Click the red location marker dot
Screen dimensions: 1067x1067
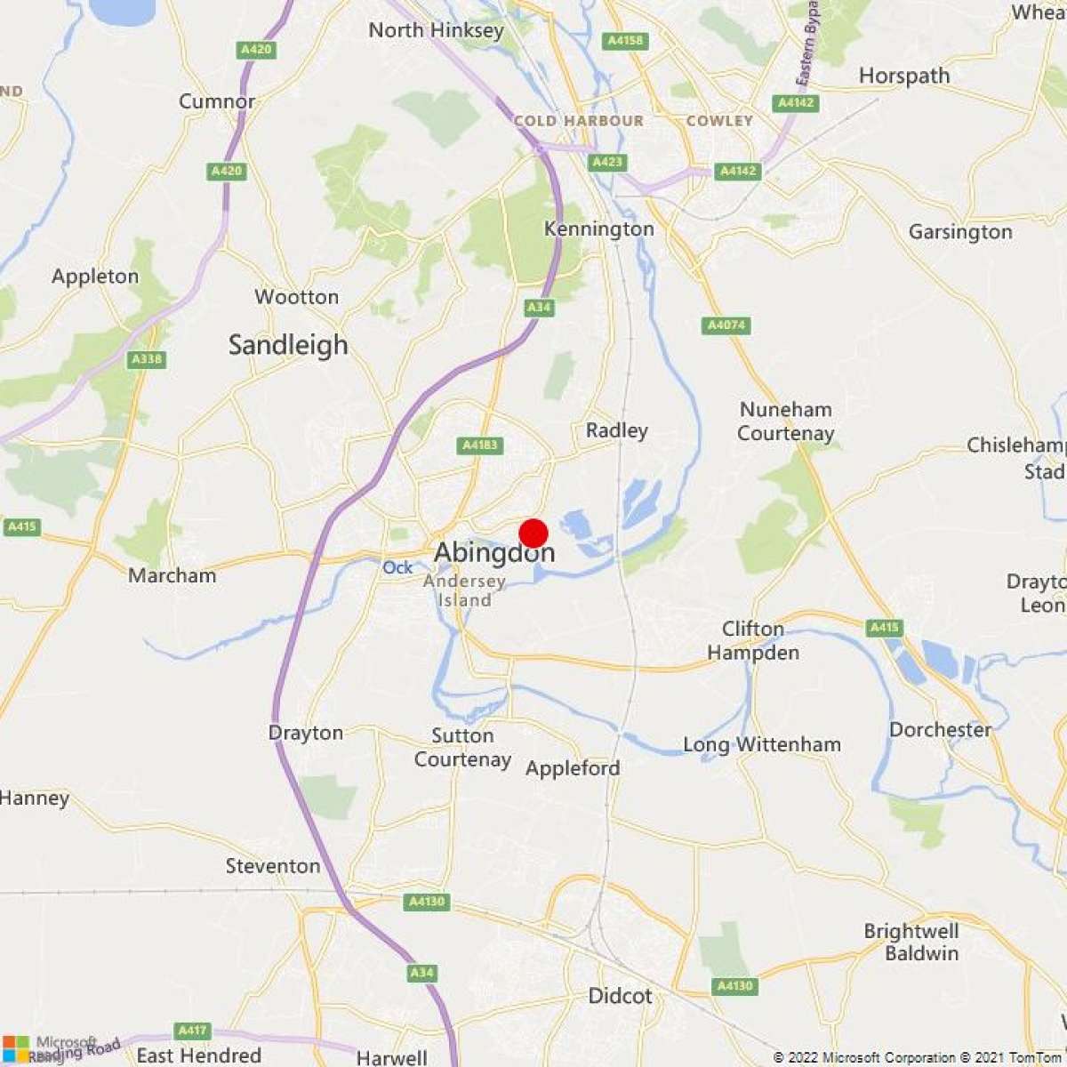pos(533,533)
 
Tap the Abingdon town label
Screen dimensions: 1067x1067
pos(494,553)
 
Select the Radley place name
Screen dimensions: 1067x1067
pos(616,430)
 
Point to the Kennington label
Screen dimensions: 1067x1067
pos(598,229)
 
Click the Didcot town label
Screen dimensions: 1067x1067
pos(620,996)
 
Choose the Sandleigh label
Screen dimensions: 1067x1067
pos(288,345)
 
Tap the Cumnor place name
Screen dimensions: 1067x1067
pos(217,101)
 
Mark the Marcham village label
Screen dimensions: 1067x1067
pos(172,575)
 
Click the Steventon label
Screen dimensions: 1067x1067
pos(273,866)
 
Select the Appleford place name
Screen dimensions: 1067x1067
pos(573,768)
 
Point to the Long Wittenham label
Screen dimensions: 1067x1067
pos(761,744)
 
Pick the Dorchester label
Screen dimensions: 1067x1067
pos(940,730)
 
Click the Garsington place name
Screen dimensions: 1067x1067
pos(960,232)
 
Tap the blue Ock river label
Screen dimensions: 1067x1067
pos(397,567)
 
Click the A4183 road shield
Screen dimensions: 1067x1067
pos(480,445)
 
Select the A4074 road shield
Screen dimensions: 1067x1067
pos(726,325)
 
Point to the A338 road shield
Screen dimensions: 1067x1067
pos(146,359)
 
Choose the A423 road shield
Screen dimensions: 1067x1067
pos(607,162)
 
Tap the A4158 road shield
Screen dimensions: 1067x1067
pos(624,41)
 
